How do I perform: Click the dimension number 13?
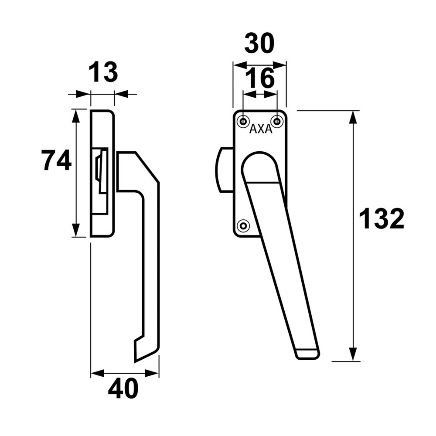[103, 72]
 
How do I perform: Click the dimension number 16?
[259, 78]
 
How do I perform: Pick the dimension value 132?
[381, 219]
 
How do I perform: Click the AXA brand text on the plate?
[261, 129]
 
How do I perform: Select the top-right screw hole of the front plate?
[276, 120]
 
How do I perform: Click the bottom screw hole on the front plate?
[243, 225]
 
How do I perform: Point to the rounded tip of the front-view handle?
[307, 354]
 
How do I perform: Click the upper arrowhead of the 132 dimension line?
[353, 117]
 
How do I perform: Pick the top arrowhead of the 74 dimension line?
[76, 115]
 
